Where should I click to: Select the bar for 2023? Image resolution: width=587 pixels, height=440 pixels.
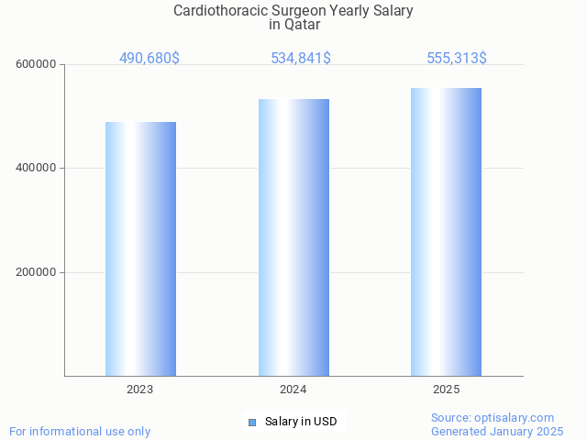[x=140, y=248]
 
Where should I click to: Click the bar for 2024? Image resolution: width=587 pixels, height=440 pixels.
[x=293, y=237]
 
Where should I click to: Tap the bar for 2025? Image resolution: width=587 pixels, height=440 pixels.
[x=446, y=232]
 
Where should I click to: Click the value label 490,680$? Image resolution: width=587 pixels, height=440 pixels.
[x=150, y=58]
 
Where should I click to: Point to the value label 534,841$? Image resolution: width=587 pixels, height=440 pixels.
[x=301, y=58]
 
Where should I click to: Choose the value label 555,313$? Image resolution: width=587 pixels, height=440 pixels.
[x=457, y=58]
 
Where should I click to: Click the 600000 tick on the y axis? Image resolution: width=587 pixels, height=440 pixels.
[x=38, y=64]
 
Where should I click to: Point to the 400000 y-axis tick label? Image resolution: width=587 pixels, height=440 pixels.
[x=38, y=169]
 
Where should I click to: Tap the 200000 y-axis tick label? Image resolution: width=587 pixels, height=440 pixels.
[x=38, y=272]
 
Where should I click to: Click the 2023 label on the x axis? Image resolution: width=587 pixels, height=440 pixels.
[x=140, y=390]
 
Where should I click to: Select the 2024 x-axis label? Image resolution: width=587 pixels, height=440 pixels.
[x=293, y=390]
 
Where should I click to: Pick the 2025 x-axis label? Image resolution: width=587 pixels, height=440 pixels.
[x=446, y=390]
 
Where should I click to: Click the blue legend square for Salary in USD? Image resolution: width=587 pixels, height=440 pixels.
[x=252, y=422]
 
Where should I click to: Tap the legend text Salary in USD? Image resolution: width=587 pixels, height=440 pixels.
[x=301, y=422]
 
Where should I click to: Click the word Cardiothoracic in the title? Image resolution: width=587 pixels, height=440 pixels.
[x=215, y=11]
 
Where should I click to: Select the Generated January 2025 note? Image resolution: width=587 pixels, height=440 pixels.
[x=497, y=431]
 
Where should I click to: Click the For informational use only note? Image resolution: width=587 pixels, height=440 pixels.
[x=80, y=431]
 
